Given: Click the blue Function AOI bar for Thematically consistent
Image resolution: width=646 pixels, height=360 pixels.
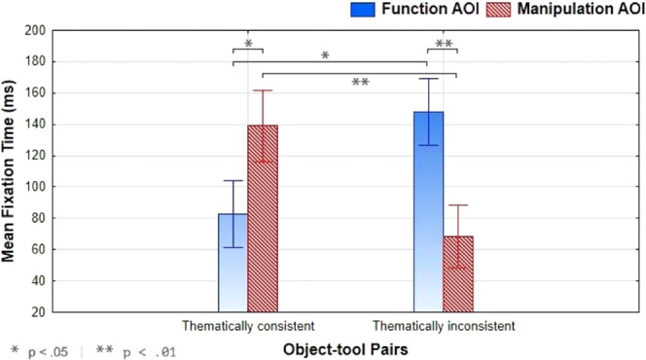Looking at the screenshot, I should (232, 263).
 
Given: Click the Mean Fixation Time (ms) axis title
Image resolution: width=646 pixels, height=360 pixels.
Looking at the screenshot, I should (11, 170).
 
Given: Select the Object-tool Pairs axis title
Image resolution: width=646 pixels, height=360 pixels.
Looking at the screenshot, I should (343, 346).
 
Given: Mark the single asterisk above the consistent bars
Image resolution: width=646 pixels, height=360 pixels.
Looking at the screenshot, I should (248, 45).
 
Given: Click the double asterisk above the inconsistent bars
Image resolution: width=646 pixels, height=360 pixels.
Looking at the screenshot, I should (444, 45).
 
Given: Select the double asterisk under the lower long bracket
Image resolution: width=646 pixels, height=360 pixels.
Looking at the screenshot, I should (359, 83).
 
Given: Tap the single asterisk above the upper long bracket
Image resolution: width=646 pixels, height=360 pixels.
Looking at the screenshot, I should (325, 56).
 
